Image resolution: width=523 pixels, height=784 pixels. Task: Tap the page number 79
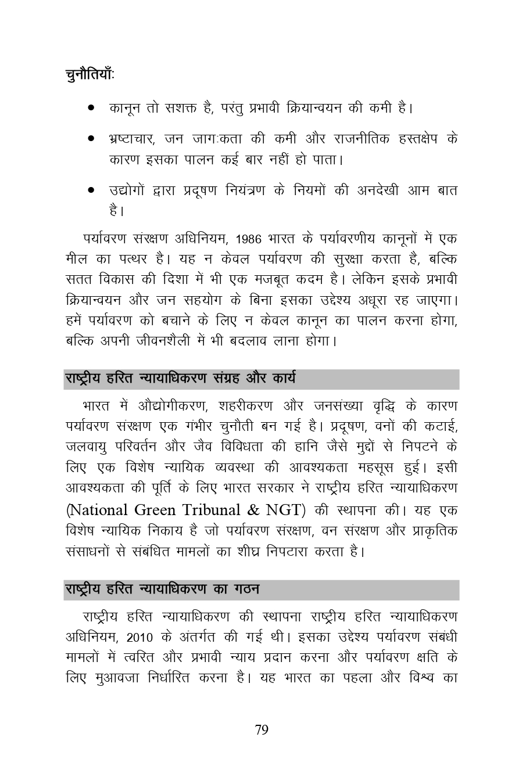261,730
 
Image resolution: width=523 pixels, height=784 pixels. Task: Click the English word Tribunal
212,510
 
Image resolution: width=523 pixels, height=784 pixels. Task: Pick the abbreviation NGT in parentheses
285,510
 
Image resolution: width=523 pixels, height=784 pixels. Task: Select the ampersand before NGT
253,510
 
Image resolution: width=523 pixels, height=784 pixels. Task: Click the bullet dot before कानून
91,108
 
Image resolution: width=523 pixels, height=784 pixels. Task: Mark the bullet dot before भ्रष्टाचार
91,139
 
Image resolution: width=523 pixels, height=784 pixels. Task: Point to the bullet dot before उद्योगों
91,190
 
